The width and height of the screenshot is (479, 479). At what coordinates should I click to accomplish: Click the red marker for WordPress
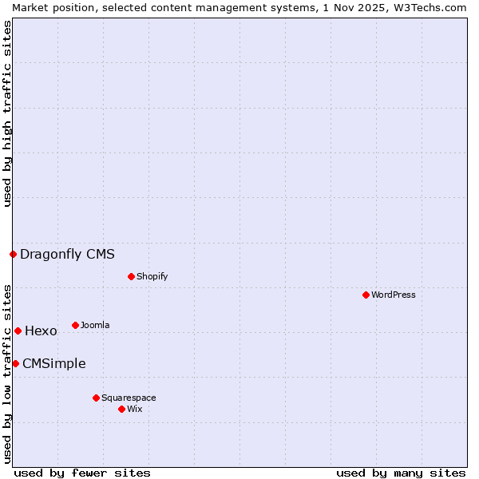[366, 295]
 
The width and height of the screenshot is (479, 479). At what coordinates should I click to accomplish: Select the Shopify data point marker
[131, 276]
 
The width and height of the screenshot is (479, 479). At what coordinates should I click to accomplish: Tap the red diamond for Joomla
[75, 325]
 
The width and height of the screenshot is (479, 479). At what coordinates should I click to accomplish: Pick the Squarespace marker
[96, 398]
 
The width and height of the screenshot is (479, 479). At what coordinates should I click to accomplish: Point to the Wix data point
[121, 409]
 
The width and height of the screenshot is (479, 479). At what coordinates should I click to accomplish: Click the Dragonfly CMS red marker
[13, 254]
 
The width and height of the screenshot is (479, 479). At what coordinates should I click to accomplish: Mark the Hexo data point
[18, 331]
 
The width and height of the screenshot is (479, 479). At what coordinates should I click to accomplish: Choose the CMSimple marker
[15, 363]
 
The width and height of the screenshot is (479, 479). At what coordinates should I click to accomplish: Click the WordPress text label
[394, 295]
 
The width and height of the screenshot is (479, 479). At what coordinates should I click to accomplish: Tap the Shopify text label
[152, 276]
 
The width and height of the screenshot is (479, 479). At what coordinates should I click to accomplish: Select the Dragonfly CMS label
[67, 254]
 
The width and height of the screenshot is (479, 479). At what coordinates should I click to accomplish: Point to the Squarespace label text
[129, 398]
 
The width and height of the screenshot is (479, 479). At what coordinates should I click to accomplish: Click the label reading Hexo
[41, 331]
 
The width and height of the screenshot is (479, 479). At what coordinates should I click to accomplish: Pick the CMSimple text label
[53, 363]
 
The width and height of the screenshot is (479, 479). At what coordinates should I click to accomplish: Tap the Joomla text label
[95, 325]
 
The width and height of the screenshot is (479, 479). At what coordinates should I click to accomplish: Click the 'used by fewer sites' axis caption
[82, 473]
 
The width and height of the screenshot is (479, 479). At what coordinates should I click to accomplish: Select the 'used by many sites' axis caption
[401, 473]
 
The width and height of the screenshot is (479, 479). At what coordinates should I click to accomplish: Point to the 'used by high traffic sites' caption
[7, 113]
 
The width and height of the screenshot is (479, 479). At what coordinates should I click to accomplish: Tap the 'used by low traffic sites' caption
[7, 374]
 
